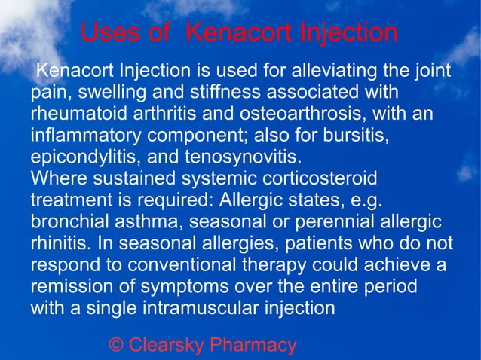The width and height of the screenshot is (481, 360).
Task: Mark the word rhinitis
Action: (x=57, y=245)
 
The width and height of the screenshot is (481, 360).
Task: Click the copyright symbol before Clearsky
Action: (x=116, y=346)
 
